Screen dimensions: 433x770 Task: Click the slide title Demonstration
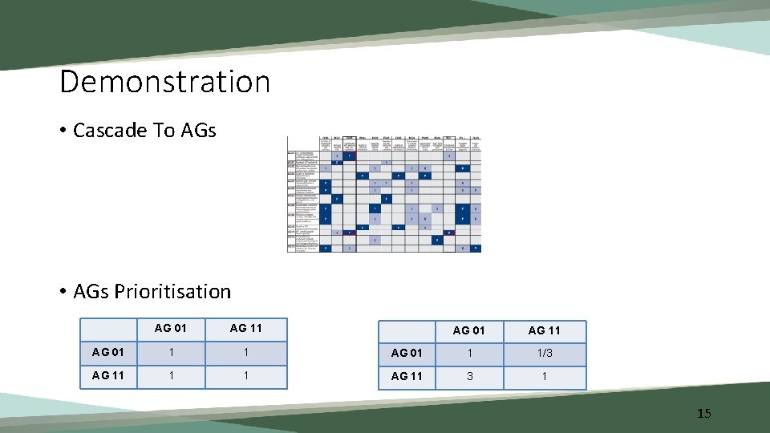[164, 82]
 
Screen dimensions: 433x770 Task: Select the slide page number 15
[703, 414]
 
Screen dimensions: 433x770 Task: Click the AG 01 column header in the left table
[170, 328]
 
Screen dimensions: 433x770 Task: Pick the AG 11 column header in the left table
[245, 328]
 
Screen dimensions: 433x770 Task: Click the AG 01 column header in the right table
[468, 330]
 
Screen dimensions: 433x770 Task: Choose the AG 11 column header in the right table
[544, 330]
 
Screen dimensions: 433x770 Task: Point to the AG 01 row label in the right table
[406, 354]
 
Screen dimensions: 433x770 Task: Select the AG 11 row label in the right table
[406, 377]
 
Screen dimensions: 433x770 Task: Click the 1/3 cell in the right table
[545, 354]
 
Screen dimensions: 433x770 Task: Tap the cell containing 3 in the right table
[468, 377]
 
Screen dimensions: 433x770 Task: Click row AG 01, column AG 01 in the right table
[468, 354]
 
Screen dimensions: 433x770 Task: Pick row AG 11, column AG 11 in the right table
[545, 377]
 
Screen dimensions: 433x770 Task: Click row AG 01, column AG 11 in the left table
[245, 353]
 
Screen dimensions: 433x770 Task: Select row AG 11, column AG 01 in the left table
[170, 376]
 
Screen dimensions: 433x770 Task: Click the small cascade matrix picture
[384, 193]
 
